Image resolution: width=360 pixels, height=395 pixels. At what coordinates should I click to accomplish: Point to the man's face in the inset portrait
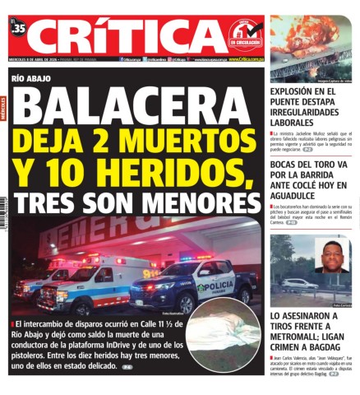pos(332,256)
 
